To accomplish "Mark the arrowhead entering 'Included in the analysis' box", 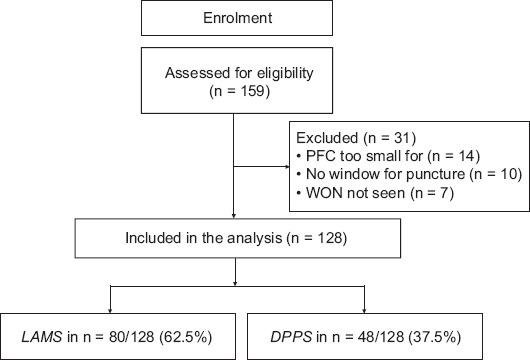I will [233, 216].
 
